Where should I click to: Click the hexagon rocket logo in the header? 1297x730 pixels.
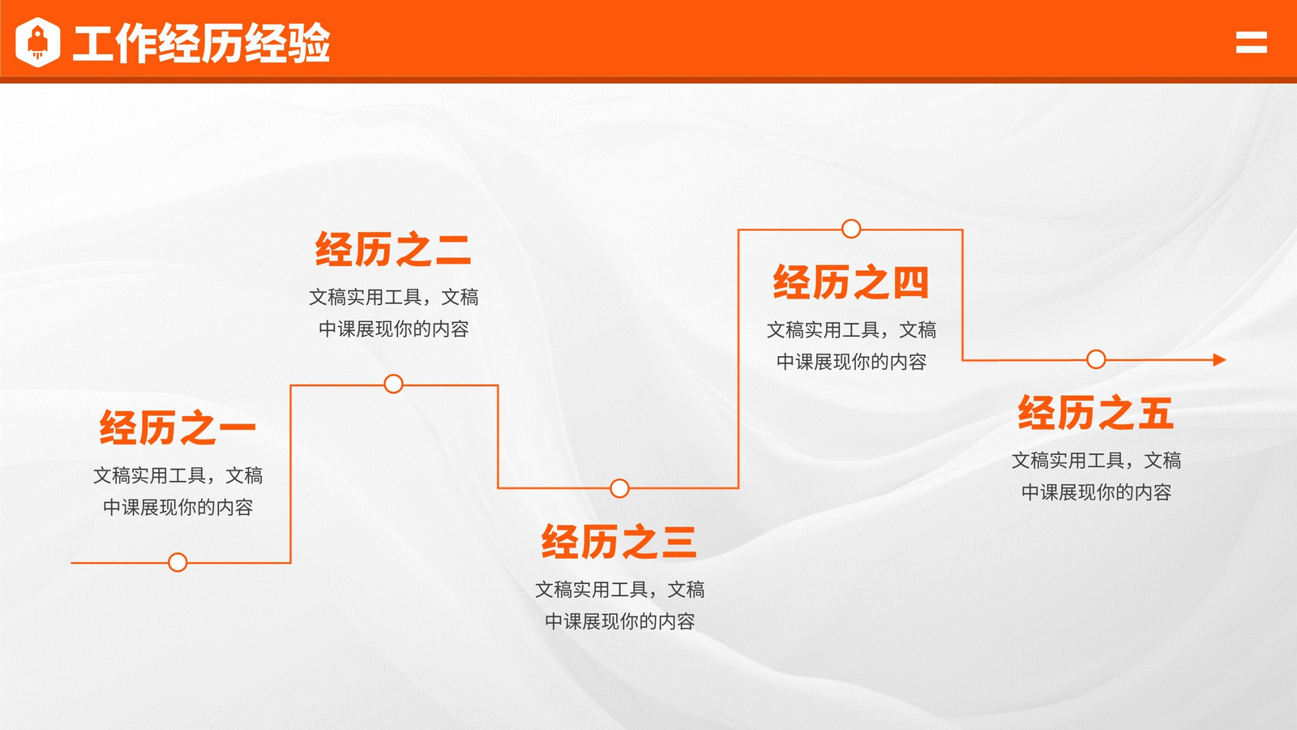point(37,42)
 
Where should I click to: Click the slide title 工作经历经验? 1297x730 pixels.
point(202,43)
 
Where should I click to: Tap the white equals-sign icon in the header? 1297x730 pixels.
point(1252,42)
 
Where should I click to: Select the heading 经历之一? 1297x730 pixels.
point(178,427)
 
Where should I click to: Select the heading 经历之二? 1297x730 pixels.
point(393,249)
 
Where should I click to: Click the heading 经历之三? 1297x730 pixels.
point(619,542)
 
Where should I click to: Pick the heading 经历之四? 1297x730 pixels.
point(851,282)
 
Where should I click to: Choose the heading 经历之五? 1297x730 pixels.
point(1096,413)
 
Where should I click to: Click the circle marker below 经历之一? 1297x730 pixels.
point(178,562)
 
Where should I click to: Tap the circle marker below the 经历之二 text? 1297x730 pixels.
point(394,384)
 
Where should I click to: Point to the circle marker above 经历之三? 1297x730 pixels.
point(619,488)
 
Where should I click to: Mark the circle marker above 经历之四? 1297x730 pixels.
point(851,229)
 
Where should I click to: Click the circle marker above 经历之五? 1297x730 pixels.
point(1096,359)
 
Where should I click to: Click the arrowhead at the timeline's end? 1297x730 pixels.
point(1219,360)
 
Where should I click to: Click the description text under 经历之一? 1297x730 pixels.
point(178,492)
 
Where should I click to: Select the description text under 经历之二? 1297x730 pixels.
point(394,313)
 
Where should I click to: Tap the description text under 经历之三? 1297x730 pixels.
point(619,605)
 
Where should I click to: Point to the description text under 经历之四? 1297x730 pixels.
point(851,346)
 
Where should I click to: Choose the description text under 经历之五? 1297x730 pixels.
point(1096,476)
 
